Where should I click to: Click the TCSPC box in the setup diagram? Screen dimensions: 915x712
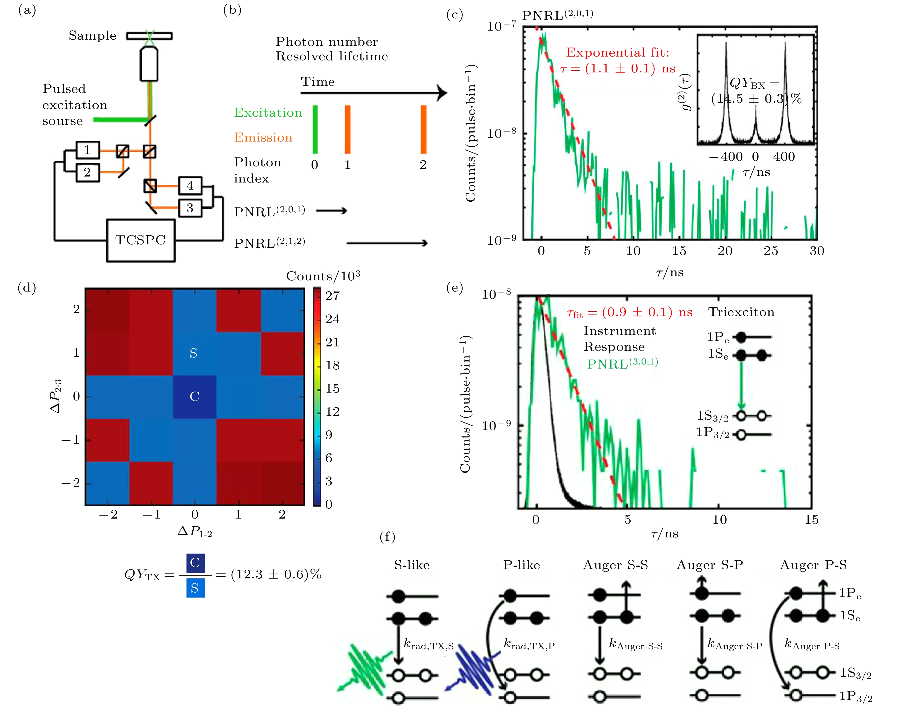141,240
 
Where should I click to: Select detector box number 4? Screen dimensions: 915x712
190,186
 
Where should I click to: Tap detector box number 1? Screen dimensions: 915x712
87,150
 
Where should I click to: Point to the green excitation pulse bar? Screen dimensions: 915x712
315,129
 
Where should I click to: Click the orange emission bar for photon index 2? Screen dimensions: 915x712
424,129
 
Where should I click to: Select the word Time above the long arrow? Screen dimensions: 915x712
318,82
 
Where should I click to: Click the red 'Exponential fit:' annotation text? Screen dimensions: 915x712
618,52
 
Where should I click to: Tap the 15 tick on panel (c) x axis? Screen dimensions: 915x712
679,251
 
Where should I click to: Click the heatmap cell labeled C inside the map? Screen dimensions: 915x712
194,396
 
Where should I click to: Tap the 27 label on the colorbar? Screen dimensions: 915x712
333,296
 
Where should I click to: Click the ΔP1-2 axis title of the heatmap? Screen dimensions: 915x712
195,532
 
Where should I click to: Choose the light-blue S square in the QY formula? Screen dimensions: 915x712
195,588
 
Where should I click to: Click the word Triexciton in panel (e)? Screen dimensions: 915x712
741,312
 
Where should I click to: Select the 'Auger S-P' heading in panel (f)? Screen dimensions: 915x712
710,565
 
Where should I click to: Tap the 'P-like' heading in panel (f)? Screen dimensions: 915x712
521,565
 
